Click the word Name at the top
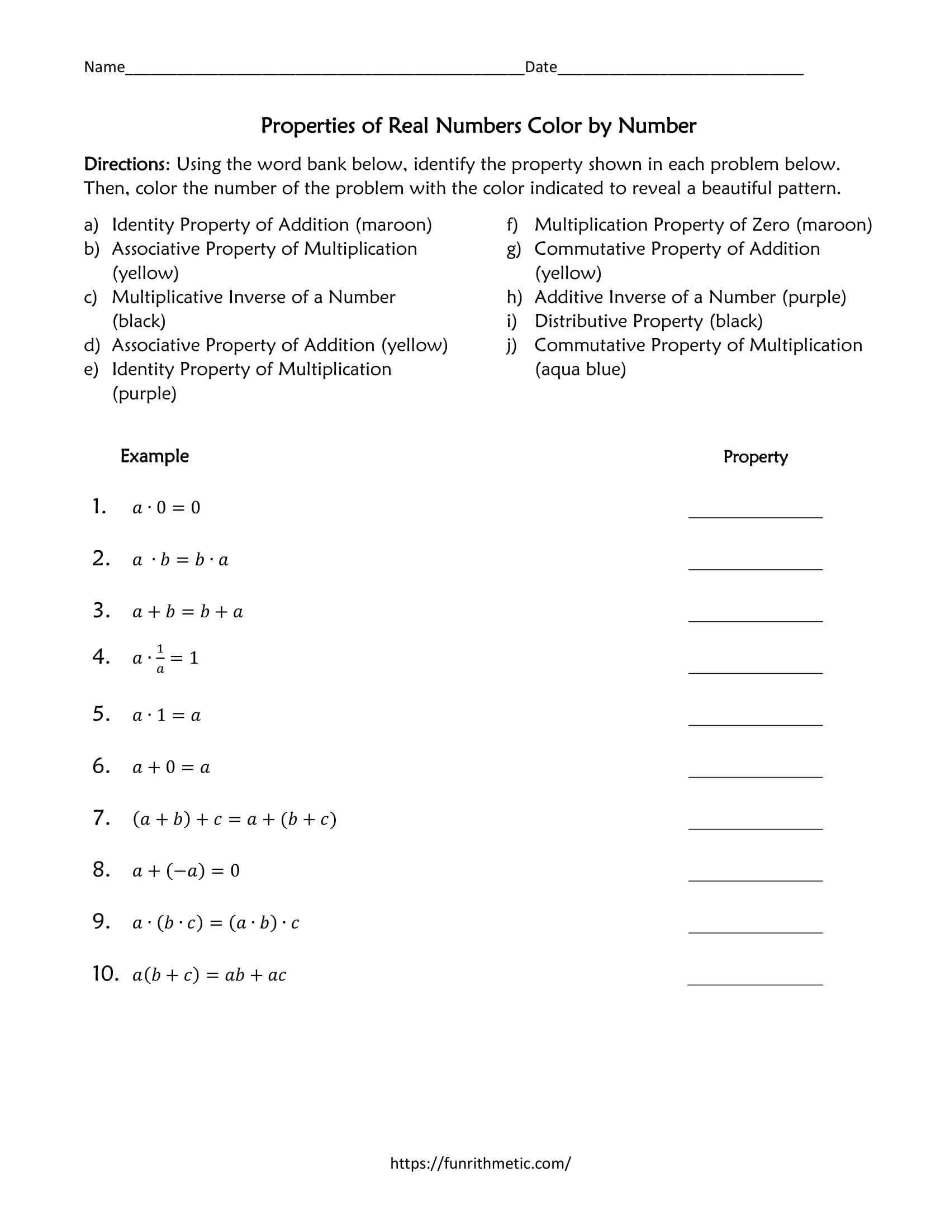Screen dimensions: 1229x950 104,67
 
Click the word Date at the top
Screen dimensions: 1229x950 540,67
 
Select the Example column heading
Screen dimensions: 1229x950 154,456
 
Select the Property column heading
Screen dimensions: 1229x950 755,457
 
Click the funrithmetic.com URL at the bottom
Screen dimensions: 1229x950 480,1163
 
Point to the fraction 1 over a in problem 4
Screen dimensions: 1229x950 160,659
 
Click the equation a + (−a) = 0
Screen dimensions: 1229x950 186,871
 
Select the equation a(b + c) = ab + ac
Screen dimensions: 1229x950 209,975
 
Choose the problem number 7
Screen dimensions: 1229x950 101,818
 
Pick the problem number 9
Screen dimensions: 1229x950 101,922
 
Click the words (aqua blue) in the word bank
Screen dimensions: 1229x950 579,370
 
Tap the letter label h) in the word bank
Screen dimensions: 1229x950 514,297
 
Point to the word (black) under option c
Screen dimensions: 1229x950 139,321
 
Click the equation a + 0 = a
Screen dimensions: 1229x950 171,768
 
